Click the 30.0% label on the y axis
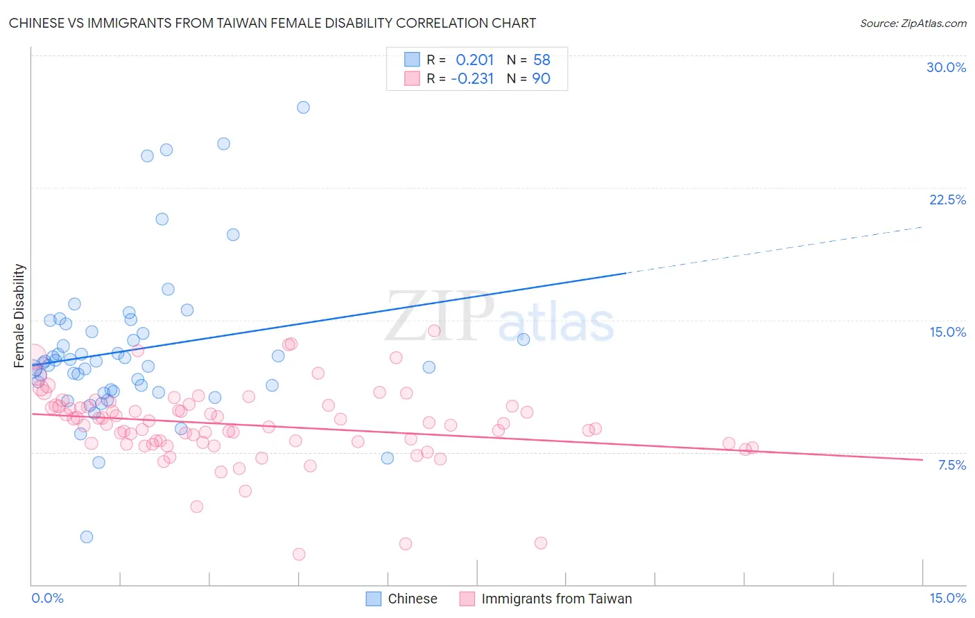tap(946, 67)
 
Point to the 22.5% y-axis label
tap(947, 200)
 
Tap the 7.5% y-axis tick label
tap(951, 465)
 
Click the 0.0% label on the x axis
tap(47, 598)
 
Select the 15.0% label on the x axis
tap(947, 598)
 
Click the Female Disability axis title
tap(19, 315)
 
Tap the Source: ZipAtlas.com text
tap(913, 23)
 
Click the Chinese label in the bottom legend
tap(412, 599)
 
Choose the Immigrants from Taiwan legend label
tap(556, 599)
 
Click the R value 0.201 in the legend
tap(474, 60)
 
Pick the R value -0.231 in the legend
tap(472, 79)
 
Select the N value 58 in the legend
tap(542, 60)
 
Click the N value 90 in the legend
tap(541, 79)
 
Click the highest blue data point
tap(303, 107)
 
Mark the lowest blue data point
tap(87, 537)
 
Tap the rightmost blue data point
tap(524, 339)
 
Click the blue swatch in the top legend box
tap(412, 60)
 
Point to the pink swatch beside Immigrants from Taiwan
tap(467, 599)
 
